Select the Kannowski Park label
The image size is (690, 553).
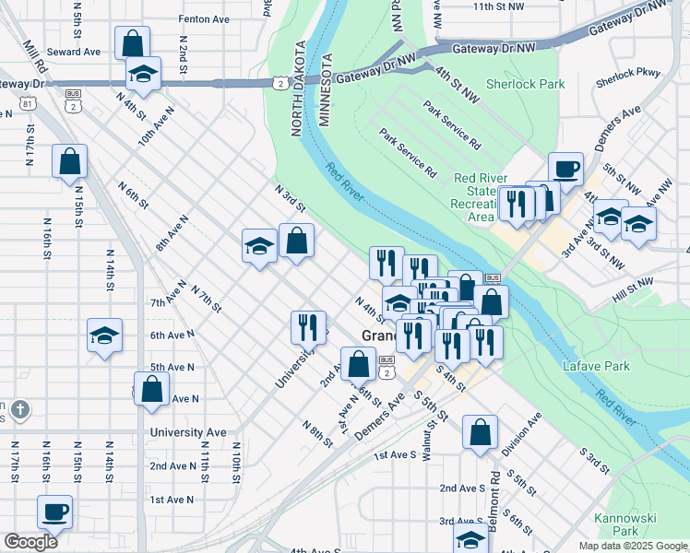[616, 524]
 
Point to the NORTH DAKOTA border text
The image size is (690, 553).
[299, 89]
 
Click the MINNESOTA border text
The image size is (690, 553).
[324, 90]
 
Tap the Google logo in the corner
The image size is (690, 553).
[30, 542]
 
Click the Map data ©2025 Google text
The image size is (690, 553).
[632, 546]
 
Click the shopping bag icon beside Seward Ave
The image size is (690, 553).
[133, 41]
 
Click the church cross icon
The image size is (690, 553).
[20, 408]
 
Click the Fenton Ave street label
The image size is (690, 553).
[204, 18]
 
